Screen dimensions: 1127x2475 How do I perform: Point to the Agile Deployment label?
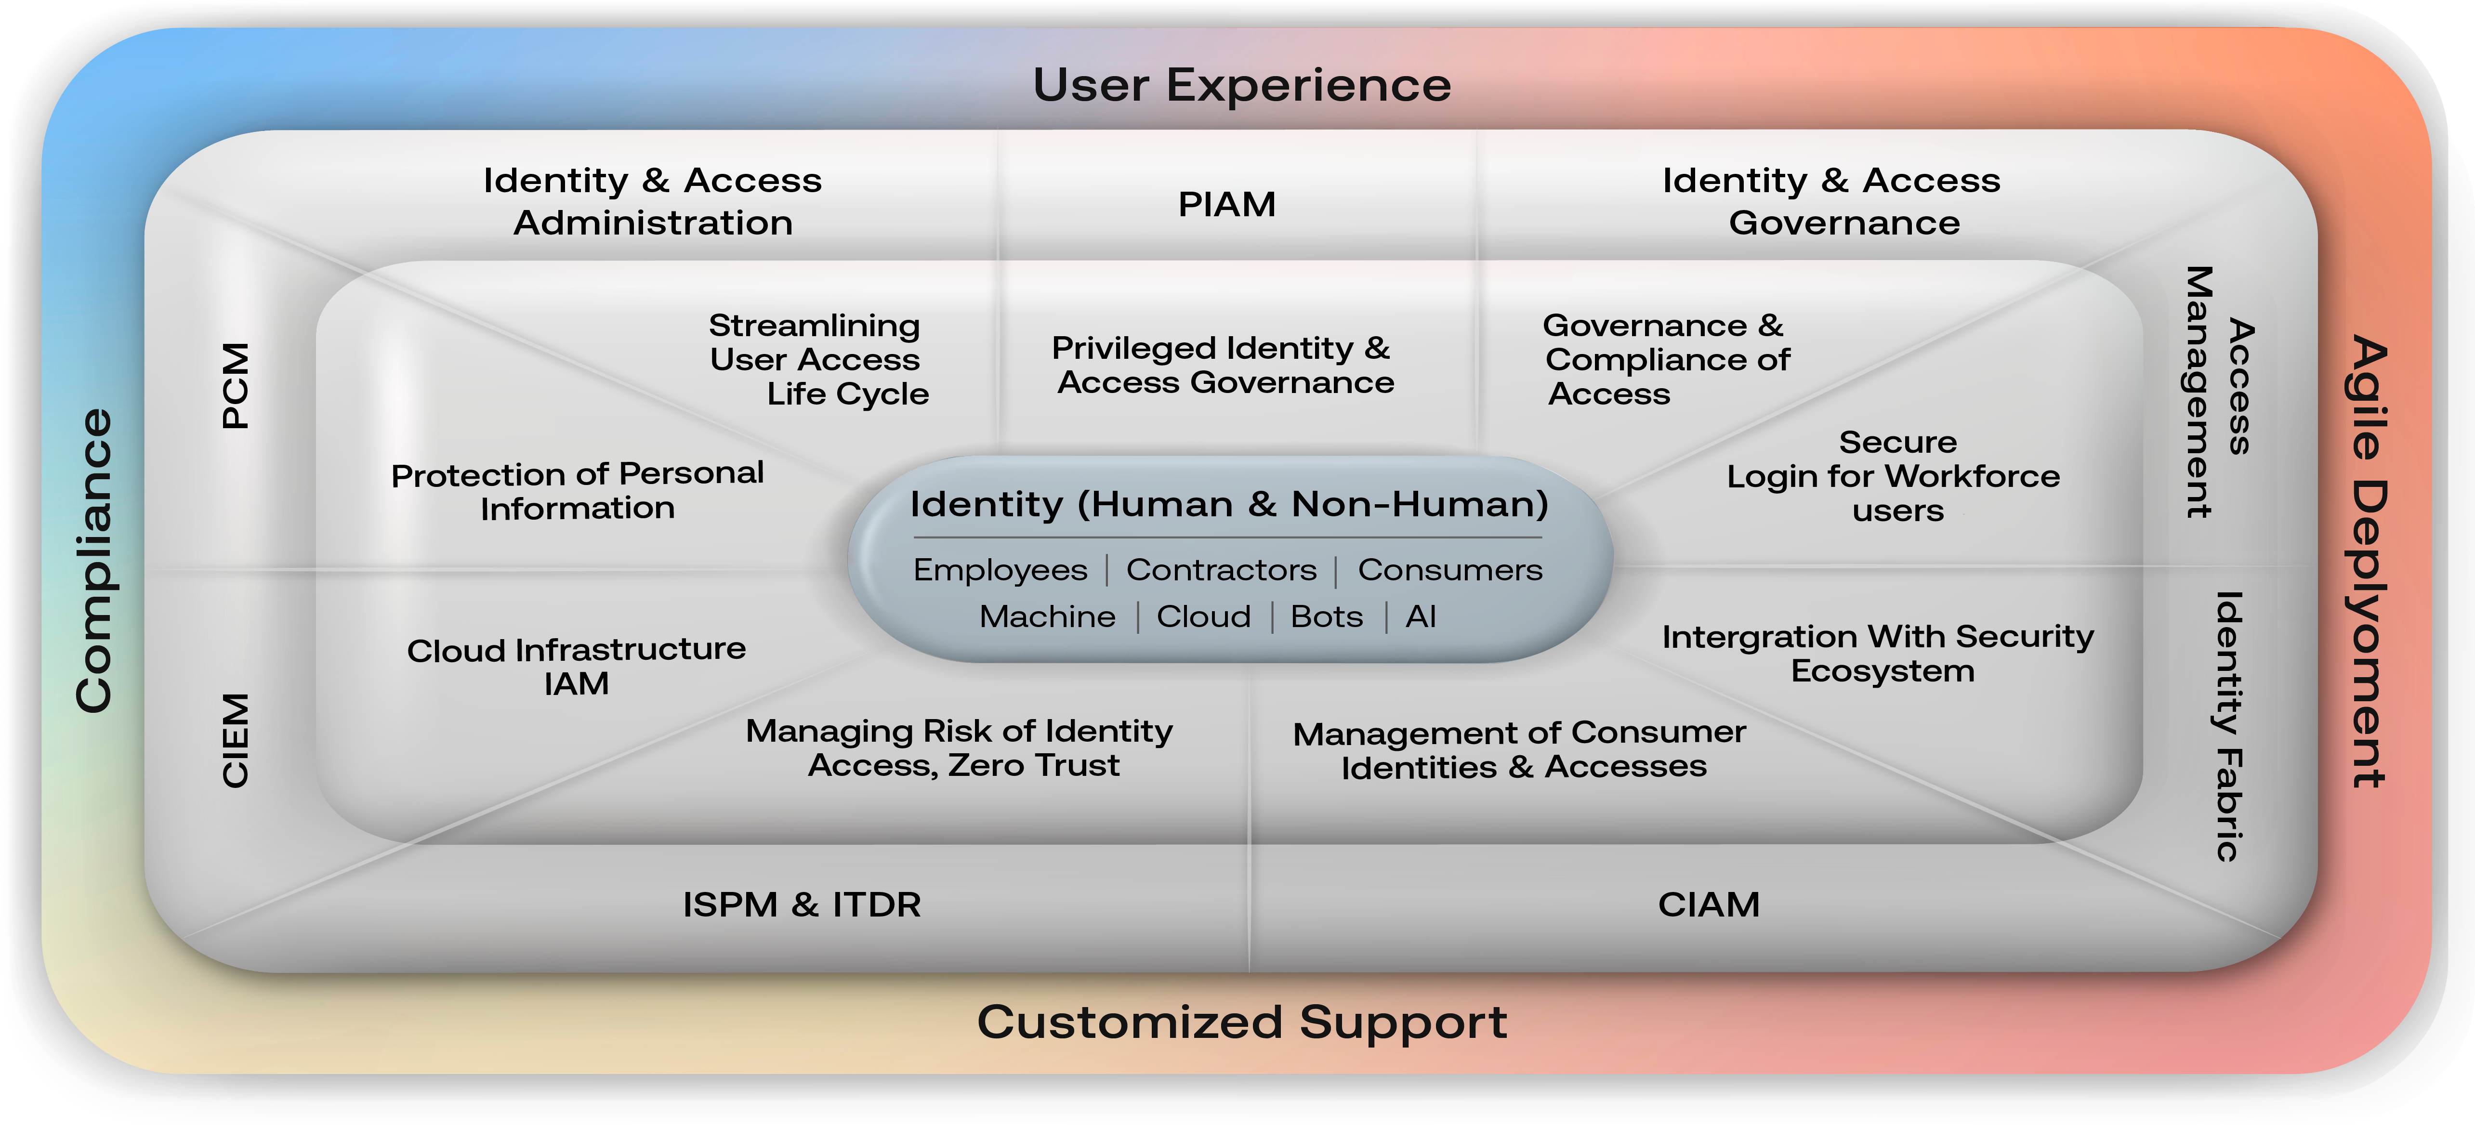coord(2369,562)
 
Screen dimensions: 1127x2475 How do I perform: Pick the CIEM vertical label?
coord(236,740)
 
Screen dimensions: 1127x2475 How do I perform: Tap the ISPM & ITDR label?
coord(801,904)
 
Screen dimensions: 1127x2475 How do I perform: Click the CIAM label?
coord(1708,904)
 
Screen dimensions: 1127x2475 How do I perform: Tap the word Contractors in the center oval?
coord(1221,570)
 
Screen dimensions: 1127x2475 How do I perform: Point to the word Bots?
coord(1326,616)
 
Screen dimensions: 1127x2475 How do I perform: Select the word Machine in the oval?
coord(1047,616)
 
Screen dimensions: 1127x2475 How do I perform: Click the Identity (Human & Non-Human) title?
coord(1229,504)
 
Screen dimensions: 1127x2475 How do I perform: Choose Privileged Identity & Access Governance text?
coord(1223,365)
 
